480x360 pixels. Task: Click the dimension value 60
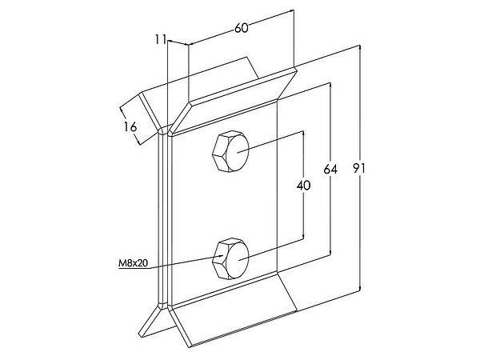(x=242, y=28)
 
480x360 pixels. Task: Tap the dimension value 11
(x=161, y=39)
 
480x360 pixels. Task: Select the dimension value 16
(x=130, y=126)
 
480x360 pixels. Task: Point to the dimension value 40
(x=303, y=186)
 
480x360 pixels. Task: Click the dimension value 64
(x=330, y=169)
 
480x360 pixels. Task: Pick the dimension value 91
(x=358, y=168)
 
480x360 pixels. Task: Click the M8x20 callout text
(x=133, y=262)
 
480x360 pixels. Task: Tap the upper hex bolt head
(x=230, y=151)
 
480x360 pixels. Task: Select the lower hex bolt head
(x=230, y=258)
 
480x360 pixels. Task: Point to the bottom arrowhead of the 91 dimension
(x=360, y=287)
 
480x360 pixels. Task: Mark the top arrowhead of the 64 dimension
(x=330, y=85)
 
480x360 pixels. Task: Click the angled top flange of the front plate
(x=233, y=102)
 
